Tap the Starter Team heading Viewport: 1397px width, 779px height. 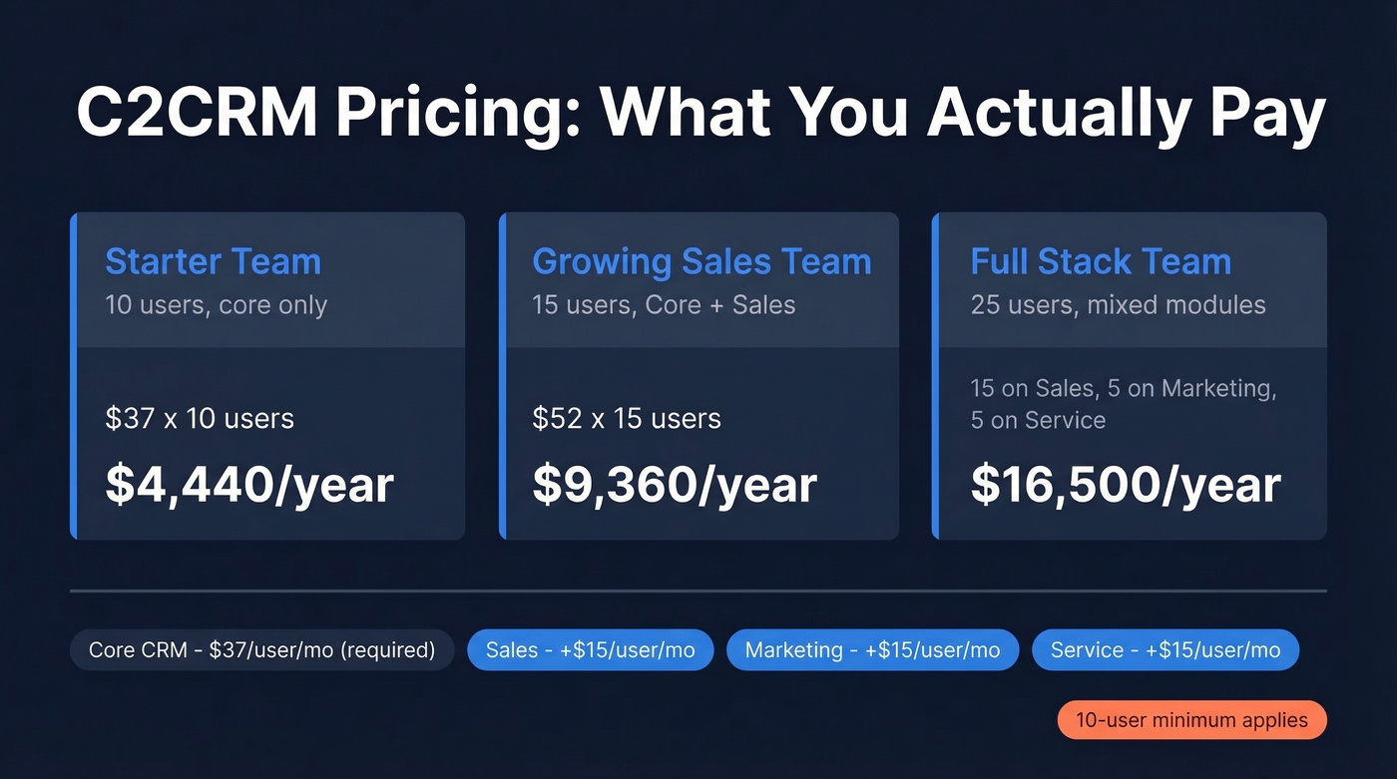point(214,261)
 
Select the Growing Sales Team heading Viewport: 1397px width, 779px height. point(701,261)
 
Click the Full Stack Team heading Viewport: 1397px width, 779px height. point(1101,261)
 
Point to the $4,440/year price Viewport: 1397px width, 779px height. point(249,484)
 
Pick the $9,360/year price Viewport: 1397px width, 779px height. point(675,484)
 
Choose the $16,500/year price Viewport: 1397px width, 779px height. point(1126,484)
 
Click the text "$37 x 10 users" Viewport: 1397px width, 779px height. point(200,418)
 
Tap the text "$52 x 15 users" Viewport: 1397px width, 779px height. point(627,418)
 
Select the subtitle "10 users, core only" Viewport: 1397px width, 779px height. point(217,304)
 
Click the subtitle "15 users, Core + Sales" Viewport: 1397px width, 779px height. point(664,304)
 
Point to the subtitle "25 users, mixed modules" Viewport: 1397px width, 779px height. point(1118,304)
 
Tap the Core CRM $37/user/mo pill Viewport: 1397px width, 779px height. point(262,650)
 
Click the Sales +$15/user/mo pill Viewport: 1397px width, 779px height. point(590,650)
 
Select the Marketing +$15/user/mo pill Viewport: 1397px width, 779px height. point(872,650)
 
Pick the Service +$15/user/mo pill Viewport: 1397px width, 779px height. point(1165,650)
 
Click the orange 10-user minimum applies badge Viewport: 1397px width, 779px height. point(1191,720)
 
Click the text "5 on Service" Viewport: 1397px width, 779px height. point(1038,420)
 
